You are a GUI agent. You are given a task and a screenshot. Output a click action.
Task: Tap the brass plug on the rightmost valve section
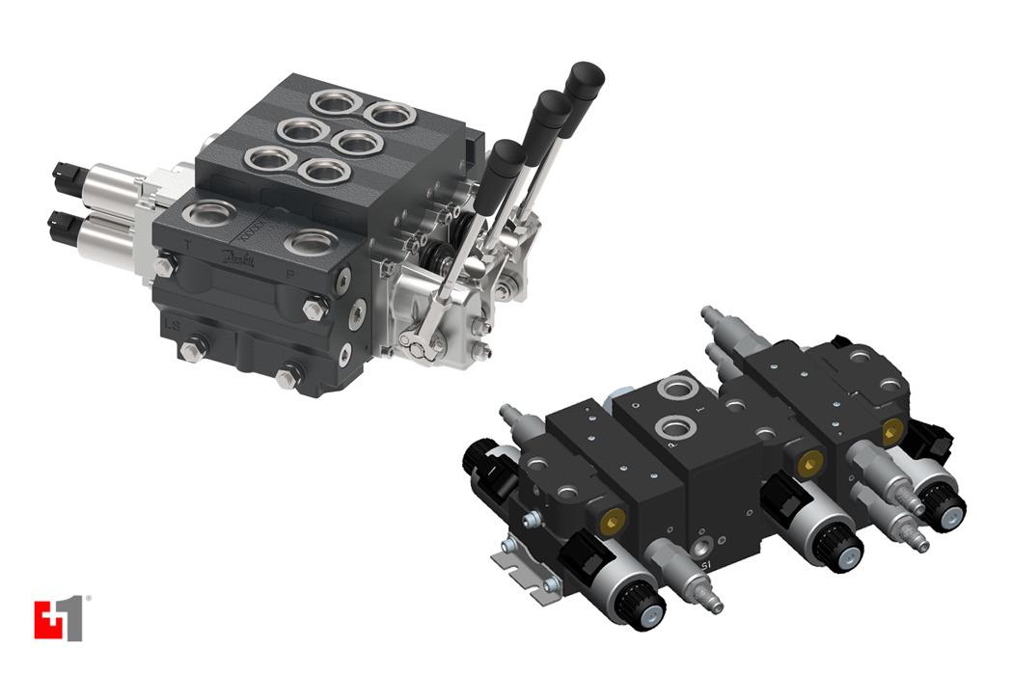point(890,426)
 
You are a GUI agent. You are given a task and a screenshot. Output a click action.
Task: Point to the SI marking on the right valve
point(706,563)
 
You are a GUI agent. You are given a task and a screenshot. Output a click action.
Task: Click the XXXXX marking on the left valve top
point(253,230)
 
